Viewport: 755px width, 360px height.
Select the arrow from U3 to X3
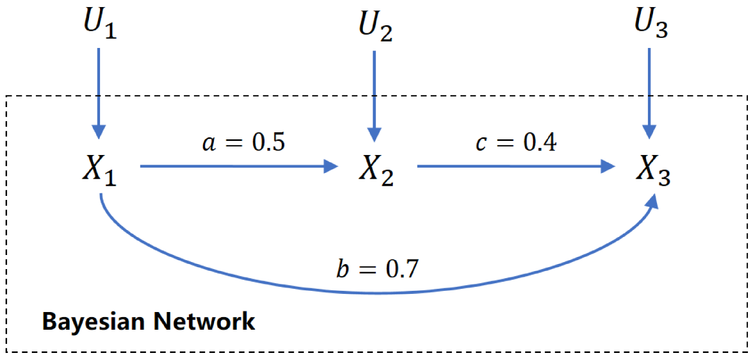click(x=649, y=93)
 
